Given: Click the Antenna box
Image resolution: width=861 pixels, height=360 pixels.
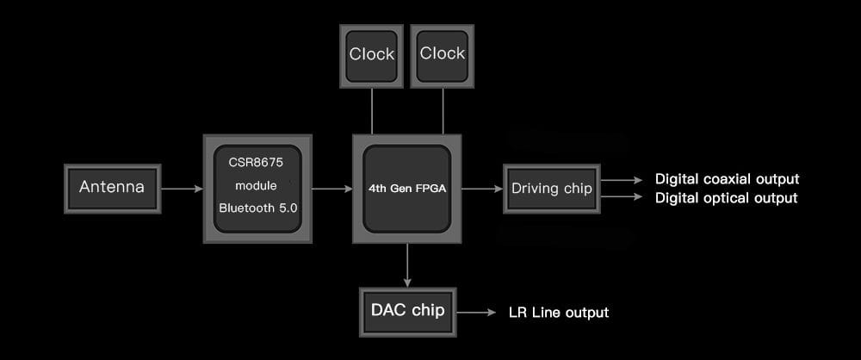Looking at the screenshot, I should tap(112, 188).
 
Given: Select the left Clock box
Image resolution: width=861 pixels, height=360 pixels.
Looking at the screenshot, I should tap(371, 54).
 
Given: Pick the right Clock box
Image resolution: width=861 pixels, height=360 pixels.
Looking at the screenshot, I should tap(442, 54).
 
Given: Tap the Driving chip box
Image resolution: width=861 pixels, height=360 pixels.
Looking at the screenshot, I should tap(552, 189).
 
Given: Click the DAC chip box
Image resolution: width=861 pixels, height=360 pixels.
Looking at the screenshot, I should tap(407, 311).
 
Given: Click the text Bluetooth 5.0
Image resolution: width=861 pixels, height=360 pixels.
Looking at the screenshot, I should tap(257, 208).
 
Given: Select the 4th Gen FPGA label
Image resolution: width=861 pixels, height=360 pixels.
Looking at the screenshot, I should tap(406, 188).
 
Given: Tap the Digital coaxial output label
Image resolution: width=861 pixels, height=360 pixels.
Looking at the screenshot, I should tap(728, 179).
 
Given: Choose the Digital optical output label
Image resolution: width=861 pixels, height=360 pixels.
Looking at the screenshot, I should tap(727, 198).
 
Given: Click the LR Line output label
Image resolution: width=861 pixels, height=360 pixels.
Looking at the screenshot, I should tap(559, 312).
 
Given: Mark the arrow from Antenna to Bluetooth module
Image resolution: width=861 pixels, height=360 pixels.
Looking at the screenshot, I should tap(181, 188).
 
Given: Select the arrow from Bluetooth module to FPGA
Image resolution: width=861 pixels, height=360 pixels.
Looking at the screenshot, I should tap(331, 188).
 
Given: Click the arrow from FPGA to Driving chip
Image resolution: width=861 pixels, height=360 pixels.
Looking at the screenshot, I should tap(482, 188).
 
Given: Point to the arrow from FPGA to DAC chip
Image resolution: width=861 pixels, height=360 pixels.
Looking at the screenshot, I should tap(406, 265).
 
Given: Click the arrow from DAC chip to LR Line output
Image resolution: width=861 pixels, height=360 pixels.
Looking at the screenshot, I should tap(477, 312).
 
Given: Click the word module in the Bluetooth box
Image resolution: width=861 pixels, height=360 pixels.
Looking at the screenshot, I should tap(257, 186).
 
